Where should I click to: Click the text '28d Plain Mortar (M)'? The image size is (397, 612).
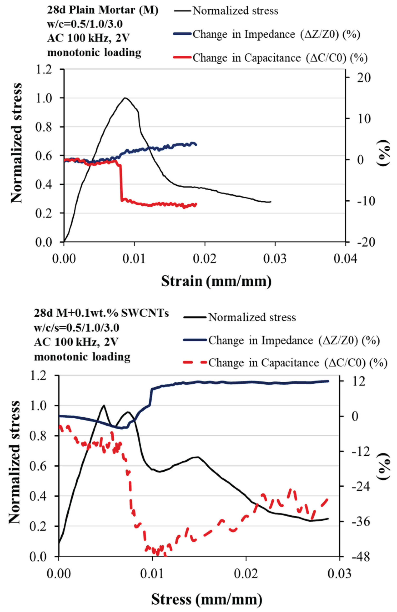tap(103, 11)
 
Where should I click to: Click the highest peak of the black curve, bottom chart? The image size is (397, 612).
tap(104, 405)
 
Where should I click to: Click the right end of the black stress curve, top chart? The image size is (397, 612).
tap(271, 202)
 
